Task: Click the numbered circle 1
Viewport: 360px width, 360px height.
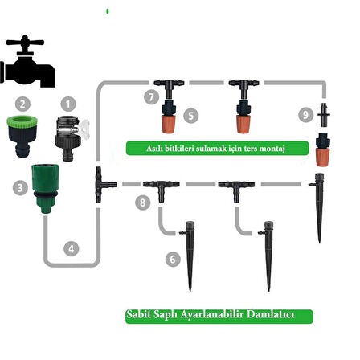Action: coord(68,104)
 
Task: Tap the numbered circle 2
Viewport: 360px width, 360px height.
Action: coord(22,104)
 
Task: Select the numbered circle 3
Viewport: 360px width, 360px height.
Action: coord(20,187)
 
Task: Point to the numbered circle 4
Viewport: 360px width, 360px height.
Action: coord(72,249)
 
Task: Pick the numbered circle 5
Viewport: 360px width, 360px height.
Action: coord(191,116)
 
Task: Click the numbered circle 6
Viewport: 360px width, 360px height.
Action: coord(173,260)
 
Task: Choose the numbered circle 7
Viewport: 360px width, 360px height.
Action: coord(151,96)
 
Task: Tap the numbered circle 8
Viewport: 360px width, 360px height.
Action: coord(142,202)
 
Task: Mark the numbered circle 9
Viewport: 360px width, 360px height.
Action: coord(306,115)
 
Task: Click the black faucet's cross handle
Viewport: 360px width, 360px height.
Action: coord(25,43)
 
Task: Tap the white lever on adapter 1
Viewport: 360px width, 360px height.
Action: coord(84,128)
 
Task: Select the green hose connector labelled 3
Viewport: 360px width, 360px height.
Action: coord(45,188)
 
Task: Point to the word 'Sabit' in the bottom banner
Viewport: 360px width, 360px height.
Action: coord(139,314)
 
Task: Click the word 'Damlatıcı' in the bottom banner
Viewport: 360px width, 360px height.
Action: coord(270,314)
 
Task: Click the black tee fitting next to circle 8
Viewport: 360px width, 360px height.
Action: coord(161,190)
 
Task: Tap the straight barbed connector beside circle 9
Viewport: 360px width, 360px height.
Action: coord(324,115)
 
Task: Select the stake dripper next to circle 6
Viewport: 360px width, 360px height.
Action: coord(189,256)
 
